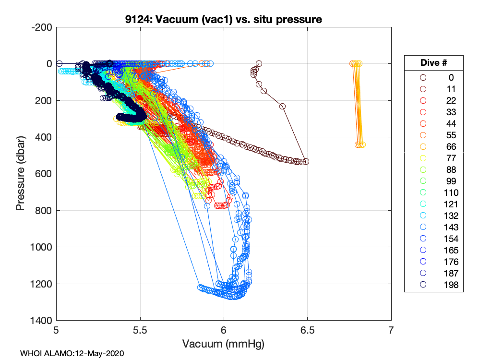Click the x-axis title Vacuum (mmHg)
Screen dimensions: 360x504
click(223, 344)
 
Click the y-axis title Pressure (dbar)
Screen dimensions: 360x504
click(20, 174)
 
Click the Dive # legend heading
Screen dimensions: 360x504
click(433, 63)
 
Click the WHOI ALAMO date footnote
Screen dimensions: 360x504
click(72, 353)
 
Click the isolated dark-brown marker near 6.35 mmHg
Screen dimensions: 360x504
click(282, 107)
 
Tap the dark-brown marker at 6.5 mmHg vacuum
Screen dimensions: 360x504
click(306, 162)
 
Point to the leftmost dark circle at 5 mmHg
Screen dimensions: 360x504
click(59, 63)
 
